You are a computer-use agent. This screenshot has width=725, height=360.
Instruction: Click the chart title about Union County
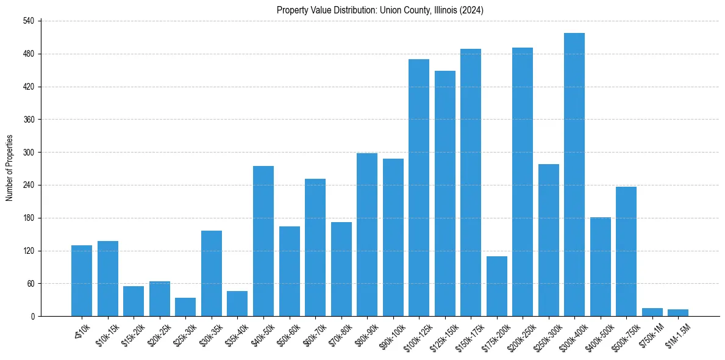click(380, 10)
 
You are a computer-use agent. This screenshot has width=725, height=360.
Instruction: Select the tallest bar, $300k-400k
click(574, 175)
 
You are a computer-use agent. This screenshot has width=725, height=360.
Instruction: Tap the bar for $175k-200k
click(496, 286)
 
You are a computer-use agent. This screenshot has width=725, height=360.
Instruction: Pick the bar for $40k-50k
click(263, 241)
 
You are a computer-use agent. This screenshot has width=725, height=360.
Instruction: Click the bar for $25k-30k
click(185, 307)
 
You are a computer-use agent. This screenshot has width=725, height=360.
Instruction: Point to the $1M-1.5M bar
click(678, 313)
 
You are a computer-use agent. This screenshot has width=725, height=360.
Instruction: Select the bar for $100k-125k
click(419, 187)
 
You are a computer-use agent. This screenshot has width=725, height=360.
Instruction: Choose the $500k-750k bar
click(626, 251)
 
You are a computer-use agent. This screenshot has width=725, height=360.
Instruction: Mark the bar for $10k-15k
click(108, 278)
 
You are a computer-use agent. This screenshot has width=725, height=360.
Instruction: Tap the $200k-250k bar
click(523, 182)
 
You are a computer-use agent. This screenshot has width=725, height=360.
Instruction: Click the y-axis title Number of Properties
click(10, 168)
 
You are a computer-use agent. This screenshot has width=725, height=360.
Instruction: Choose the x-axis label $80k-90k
click(366, 331)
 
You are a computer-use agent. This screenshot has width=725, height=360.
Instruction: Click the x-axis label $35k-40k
click(236, 331)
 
